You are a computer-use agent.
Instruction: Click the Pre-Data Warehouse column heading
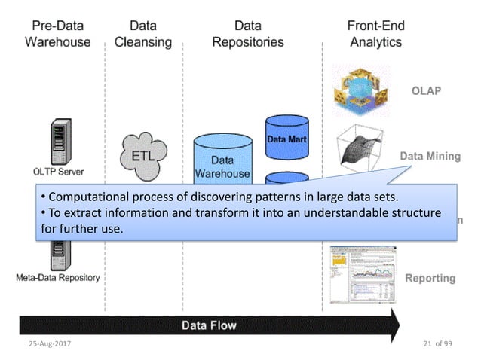[x=57, y=34]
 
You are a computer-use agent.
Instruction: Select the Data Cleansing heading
[x=143, y=34]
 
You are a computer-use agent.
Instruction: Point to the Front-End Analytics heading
[x=375, y=34]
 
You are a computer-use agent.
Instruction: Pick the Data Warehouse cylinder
[x=222, y=159]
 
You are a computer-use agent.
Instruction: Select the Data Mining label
[x=429, y=157]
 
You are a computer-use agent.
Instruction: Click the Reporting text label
[x=430, y=278]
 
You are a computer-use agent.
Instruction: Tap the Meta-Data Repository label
[x=57, y=277]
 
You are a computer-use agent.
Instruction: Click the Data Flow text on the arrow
[x=208, y=325]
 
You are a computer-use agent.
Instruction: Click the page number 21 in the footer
[x=427, y=344]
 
